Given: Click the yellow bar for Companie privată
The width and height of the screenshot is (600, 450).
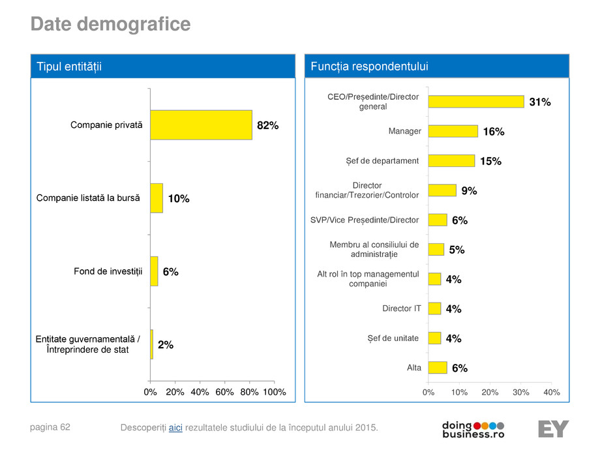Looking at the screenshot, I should (201, 125).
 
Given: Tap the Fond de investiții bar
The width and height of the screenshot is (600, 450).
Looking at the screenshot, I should (154, 271).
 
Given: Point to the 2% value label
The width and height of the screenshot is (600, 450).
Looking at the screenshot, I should (166, 345).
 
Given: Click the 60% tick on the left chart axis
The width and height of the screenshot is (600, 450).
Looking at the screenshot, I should (224, 392).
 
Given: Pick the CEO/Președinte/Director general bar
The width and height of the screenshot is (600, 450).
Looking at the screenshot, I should (476, 102).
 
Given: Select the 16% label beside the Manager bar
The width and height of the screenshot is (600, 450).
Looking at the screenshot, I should (494, 132).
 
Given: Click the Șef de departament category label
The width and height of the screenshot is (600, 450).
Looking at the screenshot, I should (382, 161).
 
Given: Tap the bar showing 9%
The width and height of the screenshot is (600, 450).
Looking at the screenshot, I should (442, 190).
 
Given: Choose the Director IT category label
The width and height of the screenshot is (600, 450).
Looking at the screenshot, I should (402, 308).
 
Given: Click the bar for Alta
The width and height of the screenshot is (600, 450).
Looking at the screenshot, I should (438, 368).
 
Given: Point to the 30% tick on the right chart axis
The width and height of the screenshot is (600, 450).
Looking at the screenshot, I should (521, 392).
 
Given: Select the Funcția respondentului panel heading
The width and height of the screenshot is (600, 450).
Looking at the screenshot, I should (369, 67).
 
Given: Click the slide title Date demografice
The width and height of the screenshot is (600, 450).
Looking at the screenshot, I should (111, 25).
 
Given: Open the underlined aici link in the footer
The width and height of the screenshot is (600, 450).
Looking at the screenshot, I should (175, 427).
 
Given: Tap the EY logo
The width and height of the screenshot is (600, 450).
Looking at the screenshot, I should (553, 428).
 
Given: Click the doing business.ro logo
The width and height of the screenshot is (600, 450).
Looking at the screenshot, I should (473, 428).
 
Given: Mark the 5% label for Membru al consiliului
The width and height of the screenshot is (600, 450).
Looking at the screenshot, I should (457, 250).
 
